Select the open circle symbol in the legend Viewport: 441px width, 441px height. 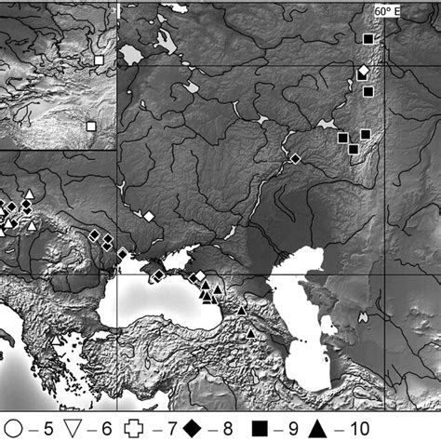[13, 429]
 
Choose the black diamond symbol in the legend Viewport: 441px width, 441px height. [198, 429]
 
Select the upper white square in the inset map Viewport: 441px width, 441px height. [99, 60]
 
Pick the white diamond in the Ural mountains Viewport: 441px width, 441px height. [363, 71]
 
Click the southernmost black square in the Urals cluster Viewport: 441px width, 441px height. [353, 149]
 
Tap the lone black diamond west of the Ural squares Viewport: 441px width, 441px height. [295, 159]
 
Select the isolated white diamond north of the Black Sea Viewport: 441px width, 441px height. [147, 216]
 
